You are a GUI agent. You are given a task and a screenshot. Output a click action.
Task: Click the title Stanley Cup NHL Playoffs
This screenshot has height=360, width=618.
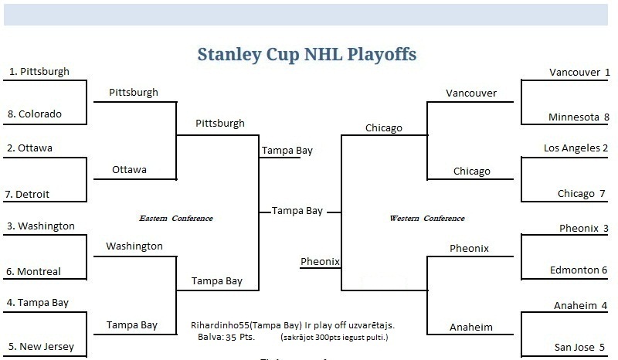click(307, 54)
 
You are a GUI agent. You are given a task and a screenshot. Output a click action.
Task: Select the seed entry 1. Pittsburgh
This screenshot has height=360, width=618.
click(39, 71)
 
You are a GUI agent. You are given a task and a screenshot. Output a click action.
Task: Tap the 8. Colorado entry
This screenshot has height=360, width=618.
click(35, 114)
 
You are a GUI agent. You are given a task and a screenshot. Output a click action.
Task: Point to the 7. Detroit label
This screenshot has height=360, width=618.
click(27, 194)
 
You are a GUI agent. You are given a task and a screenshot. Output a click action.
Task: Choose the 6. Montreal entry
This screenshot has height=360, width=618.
click(33, 271)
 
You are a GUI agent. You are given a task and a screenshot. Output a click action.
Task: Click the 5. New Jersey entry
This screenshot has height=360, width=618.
click(41, 347)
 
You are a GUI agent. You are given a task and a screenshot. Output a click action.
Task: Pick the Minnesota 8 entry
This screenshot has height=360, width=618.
click(579, 117)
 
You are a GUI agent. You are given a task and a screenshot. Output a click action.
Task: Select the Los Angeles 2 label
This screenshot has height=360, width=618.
click(576, 148)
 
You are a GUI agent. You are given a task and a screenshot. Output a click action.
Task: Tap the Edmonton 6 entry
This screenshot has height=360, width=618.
click(578, 270)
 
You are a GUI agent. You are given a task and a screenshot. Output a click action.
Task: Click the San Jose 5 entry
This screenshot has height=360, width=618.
click(579, 348)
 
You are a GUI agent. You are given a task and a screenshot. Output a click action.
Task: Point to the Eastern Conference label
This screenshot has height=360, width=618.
click(176, 218)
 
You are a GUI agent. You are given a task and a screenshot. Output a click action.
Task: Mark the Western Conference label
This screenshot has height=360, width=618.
click(427, 218)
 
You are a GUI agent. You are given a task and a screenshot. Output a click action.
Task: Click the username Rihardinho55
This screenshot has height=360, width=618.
click(220, 325)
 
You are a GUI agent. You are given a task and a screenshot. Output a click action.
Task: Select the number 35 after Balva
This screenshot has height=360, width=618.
click(231, 337)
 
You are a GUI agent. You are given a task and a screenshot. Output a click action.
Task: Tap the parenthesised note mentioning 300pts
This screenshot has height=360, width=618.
click(334, 337)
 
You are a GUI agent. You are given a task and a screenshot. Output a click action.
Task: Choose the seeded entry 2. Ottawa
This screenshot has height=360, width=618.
click(29, 148)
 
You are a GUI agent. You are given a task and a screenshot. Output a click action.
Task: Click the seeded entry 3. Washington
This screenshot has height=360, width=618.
click(41, 226)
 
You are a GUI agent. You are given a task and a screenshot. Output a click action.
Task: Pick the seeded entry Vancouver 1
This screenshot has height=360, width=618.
click(579, 73)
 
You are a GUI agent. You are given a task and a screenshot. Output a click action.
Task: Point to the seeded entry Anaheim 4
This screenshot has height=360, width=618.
click(580, 306)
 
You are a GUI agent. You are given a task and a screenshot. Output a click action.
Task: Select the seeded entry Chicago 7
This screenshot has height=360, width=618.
click(581, 194)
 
